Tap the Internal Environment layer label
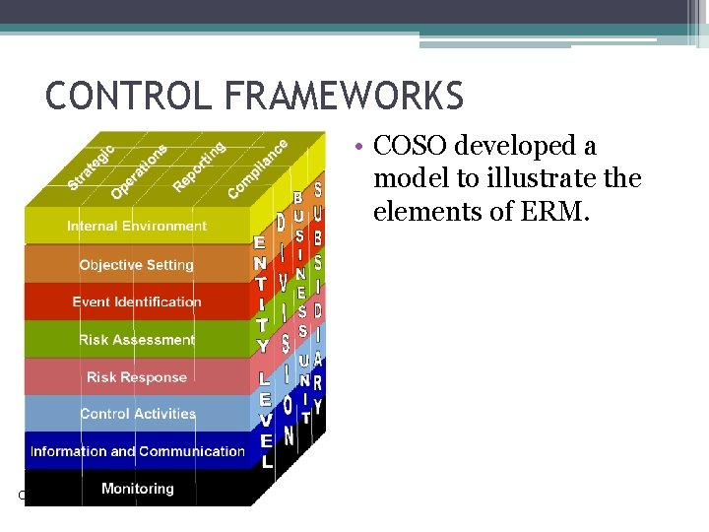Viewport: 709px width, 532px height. point(137,226)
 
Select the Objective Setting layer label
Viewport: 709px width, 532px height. point(137,264)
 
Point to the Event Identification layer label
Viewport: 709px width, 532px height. point(137,301)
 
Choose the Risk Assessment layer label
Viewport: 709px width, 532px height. point(137,339)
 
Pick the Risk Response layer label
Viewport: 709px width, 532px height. point(137,376)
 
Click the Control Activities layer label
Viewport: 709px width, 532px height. point(138,414)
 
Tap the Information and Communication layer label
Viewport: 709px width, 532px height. point(138,451)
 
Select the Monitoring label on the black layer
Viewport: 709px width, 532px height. point(138,488)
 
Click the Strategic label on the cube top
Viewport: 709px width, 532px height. point(92,167)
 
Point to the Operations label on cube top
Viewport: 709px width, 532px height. point(139,169)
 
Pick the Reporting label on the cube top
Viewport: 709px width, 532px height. point(199,166)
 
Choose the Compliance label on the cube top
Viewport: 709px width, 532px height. point(258,167)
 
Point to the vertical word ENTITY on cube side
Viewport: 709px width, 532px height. point(262,293)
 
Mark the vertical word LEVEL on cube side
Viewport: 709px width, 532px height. point(266,419)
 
